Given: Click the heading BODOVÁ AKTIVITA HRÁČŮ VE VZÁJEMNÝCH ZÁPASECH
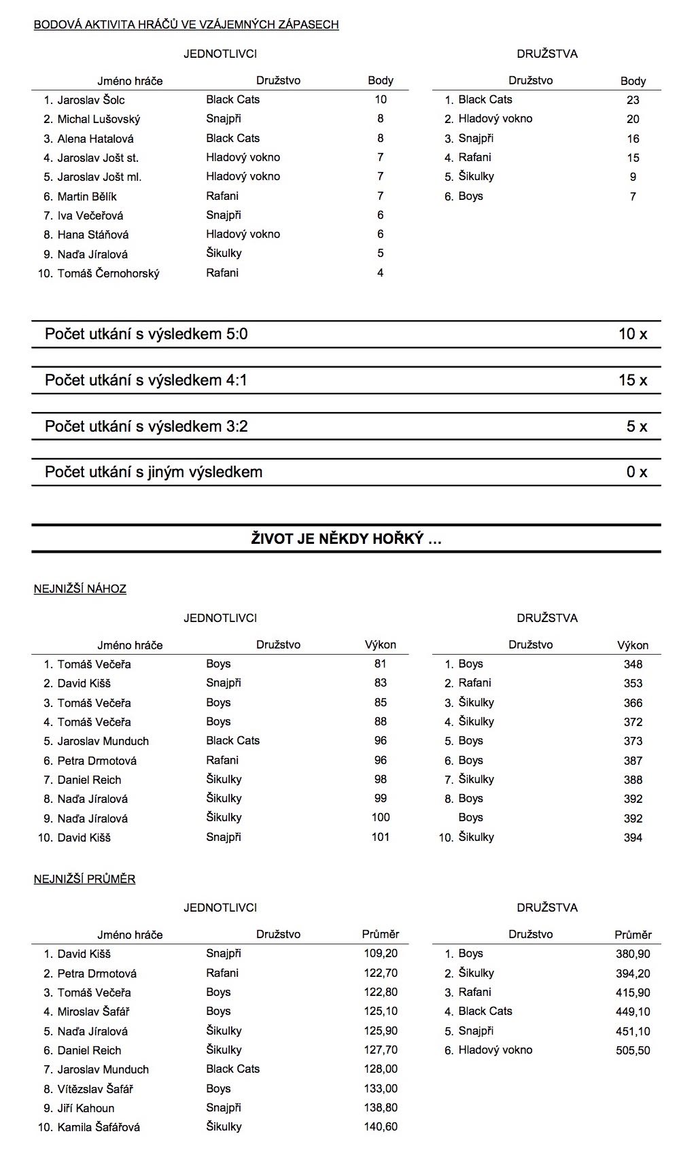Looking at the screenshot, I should (186, 25).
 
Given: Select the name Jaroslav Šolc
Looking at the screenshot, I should (91, 100).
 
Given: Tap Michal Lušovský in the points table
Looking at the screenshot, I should (99, 119).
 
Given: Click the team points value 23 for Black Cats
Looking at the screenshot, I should (633, 100).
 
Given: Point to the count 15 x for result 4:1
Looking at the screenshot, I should (633, 380).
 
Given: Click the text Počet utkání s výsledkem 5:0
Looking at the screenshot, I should (146, 334).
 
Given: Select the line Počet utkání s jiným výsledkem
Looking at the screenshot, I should (154, 472).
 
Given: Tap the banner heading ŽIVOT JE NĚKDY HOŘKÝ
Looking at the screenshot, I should (346, 539).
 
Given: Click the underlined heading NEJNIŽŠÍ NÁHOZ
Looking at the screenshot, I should (80, 589).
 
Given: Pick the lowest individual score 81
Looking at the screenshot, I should (380, 664).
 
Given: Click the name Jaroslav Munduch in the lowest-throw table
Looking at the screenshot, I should (103, 741).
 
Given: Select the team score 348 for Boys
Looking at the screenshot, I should (633, 664).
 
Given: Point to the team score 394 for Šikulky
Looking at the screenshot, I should (633, 838).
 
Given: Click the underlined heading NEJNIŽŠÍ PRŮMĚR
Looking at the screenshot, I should (84, 879).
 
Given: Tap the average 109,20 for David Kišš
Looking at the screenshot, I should (381, 954).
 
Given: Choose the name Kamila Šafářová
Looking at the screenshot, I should (99, 1127).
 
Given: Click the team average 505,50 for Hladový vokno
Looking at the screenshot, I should (633, 1050).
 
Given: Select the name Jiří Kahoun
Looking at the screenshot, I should (86, 1108).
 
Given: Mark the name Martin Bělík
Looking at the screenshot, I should (87, 196).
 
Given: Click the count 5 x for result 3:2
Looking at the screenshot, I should (637, 426).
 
